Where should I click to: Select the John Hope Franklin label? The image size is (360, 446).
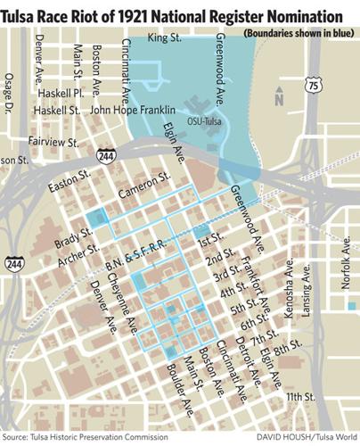coord(131,111)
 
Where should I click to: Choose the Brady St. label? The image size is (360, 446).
coord(75,240)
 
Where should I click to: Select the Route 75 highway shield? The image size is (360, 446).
coord(311,85)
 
